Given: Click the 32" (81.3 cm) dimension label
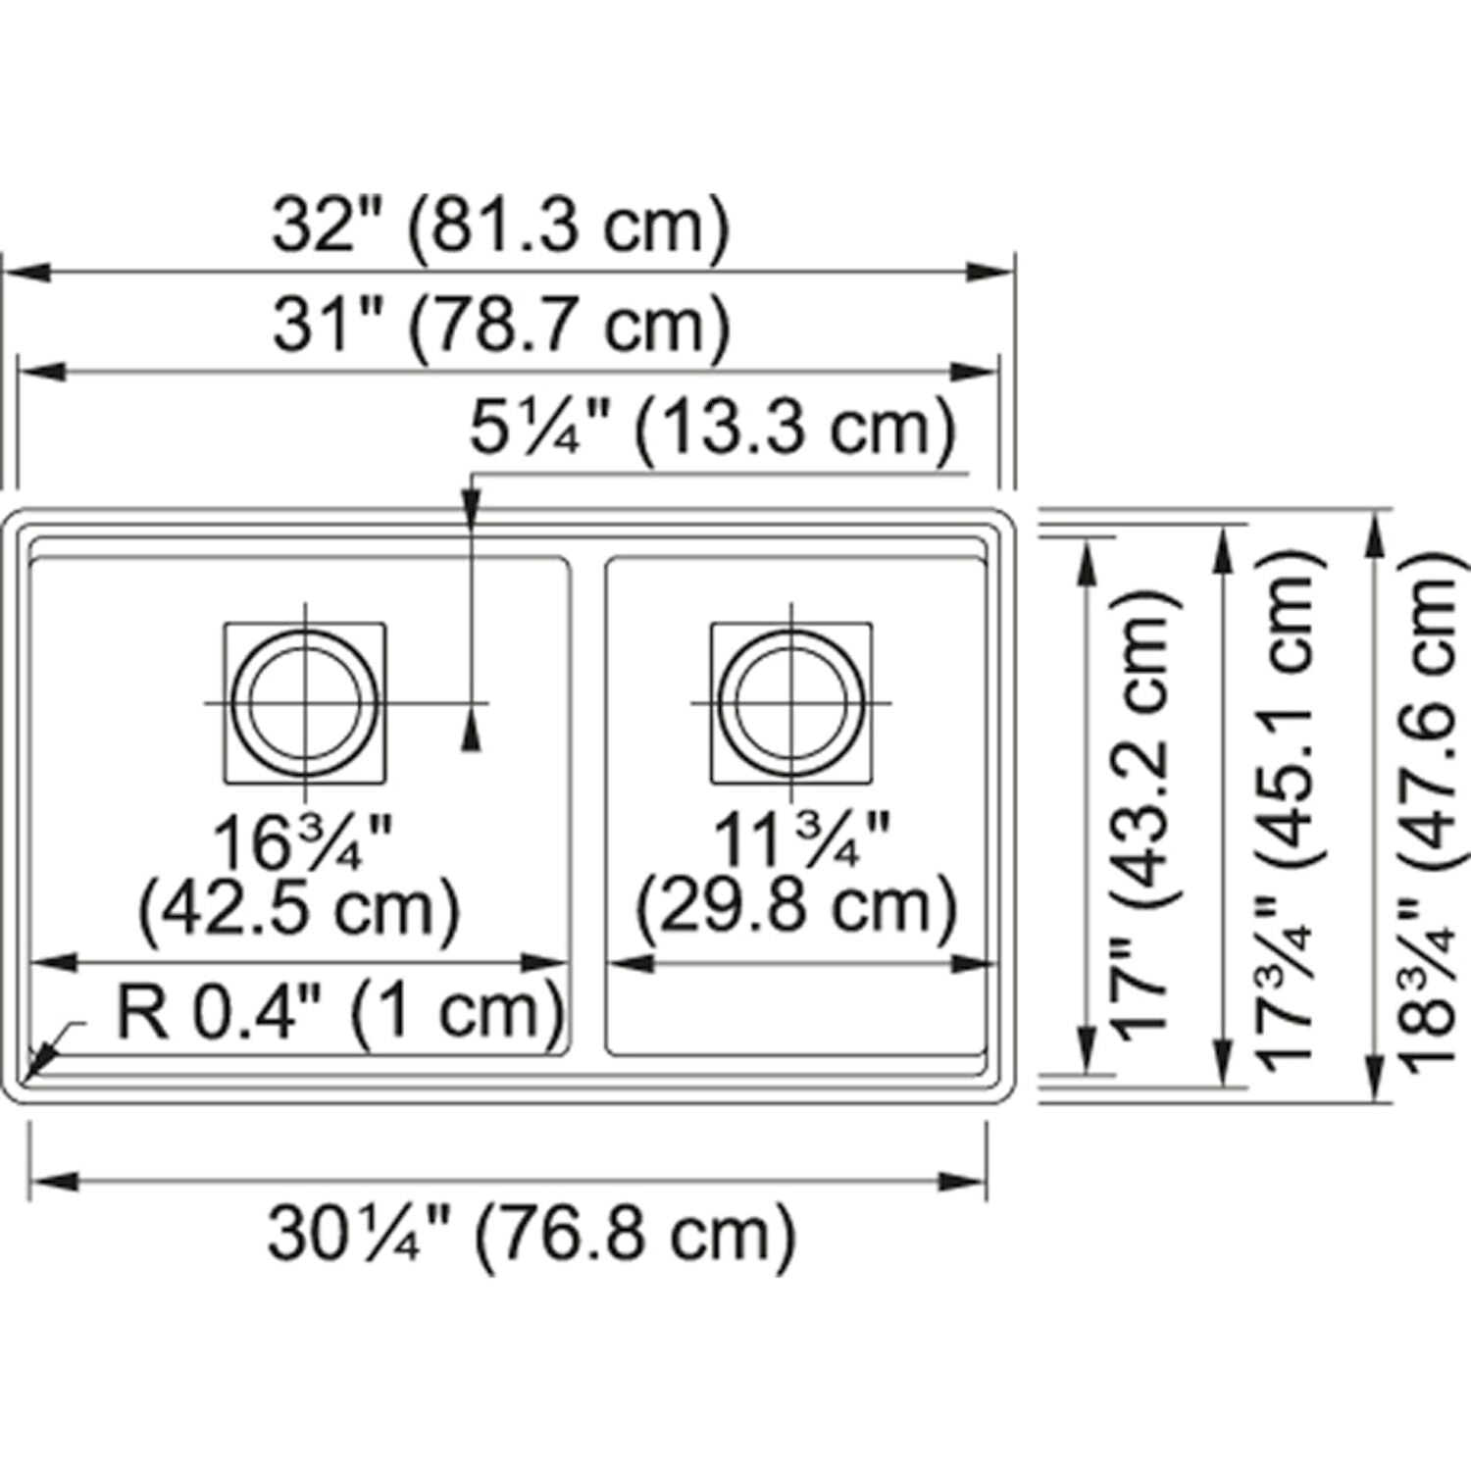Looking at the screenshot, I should (x=501, y=227).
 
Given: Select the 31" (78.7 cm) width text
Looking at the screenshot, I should (x=501, y=326).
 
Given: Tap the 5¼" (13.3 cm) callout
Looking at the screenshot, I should (x=712, y=429).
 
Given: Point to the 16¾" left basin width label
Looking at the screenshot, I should (x=302, y=843).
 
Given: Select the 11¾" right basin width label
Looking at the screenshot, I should (x=799, y=839).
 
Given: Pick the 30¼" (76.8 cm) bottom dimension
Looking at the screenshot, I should (x=531, y=1233).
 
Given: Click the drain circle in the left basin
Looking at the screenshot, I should (x=305, y=703).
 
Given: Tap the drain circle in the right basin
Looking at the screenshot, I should (x=791, y=703).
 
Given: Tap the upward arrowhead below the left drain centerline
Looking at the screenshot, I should (x=472, y=733).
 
